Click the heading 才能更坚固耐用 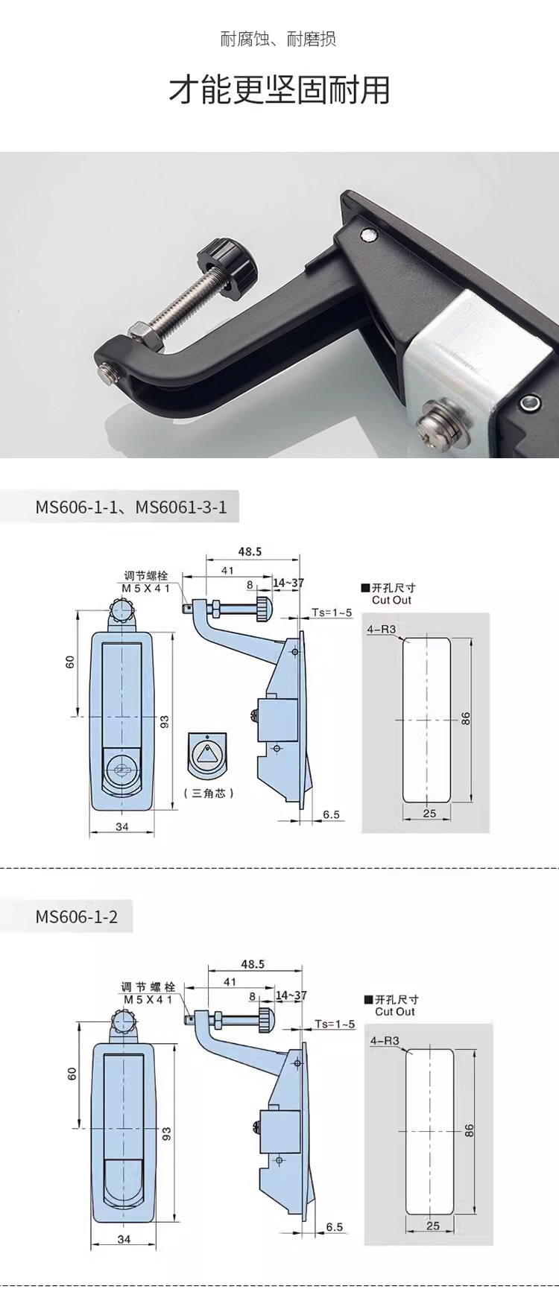point(279,90)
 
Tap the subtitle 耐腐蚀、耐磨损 point(279,39)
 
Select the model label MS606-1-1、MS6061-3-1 point(131,507)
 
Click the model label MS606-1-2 point(77,916)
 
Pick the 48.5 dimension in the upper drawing point(250,552)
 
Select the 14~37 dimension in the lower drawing point(291,995)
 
